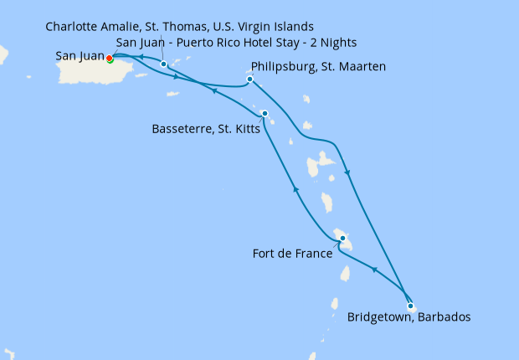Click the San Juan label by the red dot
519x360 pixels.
pos(80,57)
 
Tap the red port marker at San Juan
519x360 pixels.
pos(110,58)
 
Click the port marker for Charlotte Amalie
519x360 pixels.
pos(164,64)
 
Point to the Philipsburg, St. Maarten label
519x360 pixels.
pos(318,66)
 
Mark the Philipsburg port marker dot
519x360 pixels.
pos(249,80)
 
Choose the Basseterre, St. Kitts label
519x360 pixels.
pos(206,130)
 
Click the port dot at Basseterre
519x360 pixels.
pos(265,114)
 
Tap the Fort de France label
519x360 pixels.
pos(290,252)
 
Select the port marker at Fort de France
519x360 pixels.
pos(342,239)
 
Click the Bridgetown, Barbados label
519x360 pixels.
pos(409,318)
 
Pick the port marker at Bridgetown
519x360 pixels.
pos(410,306)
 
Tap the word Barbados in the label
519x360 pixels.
pos(444,318)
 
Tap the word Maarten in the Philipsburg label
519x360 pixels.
pos(360,66)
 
